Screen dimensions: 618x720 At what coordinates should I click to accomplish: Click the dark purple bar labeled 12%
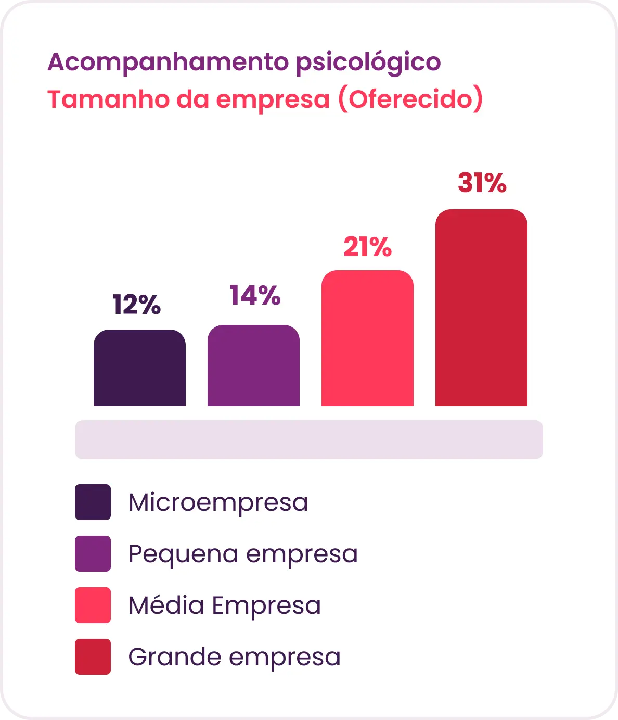139,368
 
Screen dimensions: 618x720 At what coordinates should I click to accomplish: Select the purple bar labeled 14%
253,365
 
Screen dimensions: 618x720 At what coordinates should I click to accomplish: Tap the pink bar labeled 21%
367,338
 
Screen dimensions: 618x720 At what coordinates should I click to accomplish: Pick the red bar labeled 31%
481,308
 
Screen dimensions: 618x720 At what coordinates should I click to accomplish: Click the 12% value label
137,305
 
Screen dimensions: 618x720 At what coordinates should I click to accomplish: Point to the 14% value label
255,295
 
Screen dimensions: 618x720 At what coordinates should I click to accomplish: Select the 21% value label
368,247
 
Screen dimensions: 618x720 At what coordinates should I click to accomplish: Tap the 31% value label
482,182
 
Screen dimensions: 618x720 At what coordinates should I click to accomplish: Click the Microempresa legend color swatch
93,502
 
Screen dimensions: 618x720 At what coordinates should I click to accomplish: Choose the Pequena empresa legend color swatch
93,553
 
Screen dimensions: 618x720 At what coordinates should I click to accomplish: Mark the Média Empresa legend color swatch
93,605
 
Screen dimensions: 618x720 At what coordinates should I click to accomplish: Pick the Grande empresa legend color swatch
93,656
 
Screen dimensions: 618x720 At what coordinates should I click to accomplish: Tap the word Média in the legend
166,605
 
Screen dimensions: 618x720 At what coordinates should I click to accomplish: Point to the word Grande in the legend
175,657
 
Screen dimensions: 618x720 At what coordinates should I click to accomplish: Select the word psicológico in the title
368,63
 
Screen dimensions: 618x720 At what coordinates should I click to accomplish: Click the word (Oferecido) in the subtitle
410,99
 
